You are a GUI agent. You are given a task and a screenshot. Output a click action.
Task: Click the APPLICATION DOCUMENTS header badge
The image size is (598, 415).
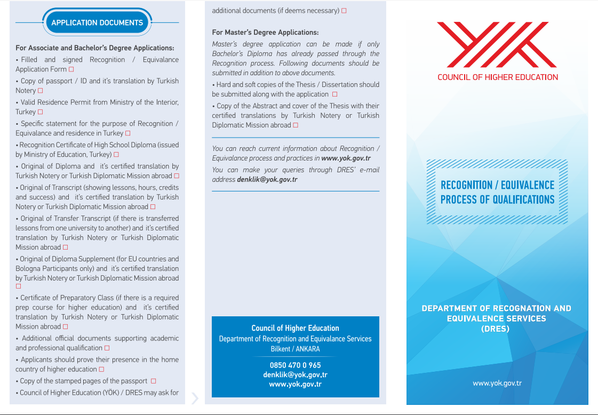(x=97, y=22)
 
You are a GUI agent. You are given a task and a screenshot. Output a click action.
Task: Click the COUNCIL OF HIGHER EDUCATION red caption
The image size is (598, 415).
(x=497, y=77)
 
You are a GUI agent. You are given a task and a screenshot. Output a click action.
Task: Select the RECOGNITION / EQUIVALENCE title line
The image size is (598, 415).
(x=497, y=185)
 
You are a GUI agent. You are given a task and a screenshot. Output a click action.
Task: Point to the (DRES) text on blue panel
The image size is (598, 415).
(x=496, y=329)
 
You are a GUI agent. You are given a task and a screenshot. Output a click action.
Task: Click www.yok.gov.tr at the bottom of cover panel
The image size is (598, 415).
(x=497, y=383)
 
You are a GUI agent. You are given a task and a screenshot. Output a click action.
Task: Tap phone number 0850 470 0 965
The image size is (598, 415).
(x=295, y=365)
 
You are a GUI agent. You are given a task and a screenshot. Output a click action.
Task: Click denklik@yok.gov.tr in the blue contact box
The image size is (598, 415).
(x=295, y=375)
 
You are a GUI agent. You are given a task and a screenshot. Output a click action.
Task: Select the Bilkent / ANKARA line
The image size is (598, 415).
(x=295, y=349)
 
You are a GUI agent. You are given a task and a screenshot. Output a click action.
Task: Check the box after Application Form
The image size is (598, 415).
(x=71, y=69)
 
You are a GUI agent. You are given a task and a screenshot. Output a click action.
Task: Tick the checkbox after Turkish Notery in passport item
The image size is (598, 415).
(x=41, y=91)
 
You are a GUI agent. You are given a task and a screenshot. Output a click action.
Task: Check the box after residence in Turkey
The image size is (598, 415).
(x=127, y=133)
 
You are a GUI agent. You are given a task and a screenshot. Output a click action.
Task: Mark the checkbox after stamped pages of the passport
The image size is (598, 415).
(x=154, y=381)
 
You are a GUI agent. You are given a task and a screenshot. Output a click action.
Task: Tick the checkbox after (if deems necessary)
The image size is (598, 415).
(x=344, y=11)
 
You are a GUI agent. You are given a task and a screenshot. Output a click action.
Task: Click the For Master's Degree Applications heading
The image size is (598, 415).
(x=265, y=33)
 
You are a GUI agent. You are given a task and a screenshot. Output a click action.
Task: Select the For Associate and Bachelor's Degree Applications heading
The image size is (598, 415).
(x=95, y=48)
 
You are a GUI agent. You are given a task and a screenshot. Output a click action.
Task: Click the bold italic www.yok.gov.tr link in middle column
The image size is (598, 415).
(x=346, y=158)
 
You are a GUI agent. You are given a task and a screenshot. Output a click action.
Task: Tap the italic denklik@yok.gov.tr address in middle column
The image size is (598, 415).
(x=267, y=180)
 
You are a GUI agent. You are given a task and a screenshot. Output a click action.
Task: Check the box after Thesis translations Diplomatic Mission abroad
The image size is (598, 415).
(x=296, y=125)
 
